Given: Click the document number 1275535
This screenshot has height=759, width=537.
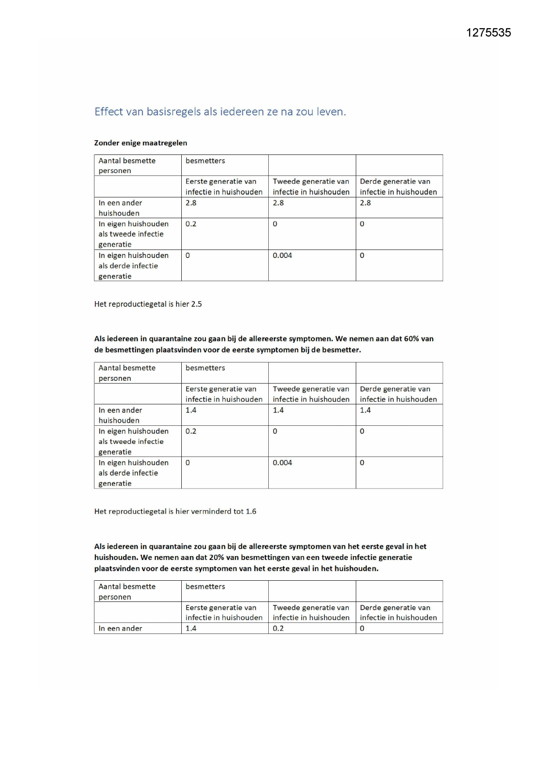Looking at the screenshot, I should coord(488,33).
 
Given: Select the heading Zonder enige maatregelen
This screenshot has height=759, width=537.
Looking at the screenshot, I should coord(141,143).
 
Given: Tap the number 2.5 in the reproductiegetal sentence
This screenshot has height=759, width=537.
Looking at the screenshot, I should coord(196,304).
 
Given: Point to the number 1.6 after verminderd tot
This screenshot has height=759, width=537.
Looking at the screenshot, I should coord(251,511).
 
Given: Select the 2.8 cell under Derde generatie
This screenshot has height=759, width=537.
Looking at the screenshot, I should coord(365,203).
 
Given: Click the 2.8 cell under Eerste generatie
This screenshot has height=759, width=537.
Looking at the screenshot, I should coord(191,203).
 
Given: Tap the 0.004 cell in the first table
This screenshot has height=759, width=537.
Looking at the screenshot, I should coord(282,256).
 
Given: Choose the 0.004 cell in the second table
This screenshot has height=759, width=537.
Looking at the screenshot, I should coord(282,463).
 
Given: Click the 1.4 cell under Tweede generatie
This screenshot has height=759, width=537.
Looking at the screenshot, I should coord(278,410).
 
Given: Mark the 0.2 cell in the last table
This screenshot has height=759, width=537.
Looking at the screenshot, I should coord(278,628).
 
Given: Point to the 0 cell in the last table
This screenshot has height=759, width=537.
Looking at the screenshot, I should coord(362,628).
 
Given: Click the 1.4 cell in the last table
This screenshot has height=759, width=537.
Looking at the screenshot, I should coord(191,628).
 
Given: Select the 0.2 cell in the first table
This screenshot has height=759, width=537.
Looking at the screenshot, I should coord(191,224).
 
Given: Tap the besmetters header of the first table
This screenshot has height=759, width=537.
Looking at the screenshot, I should coord(205,161).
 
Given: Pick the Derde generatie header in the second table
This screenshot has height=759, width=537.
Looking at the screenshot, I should coord(398,394).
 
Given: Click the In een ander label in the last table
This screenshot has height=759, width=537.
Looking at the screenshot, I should coord(120,628).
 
